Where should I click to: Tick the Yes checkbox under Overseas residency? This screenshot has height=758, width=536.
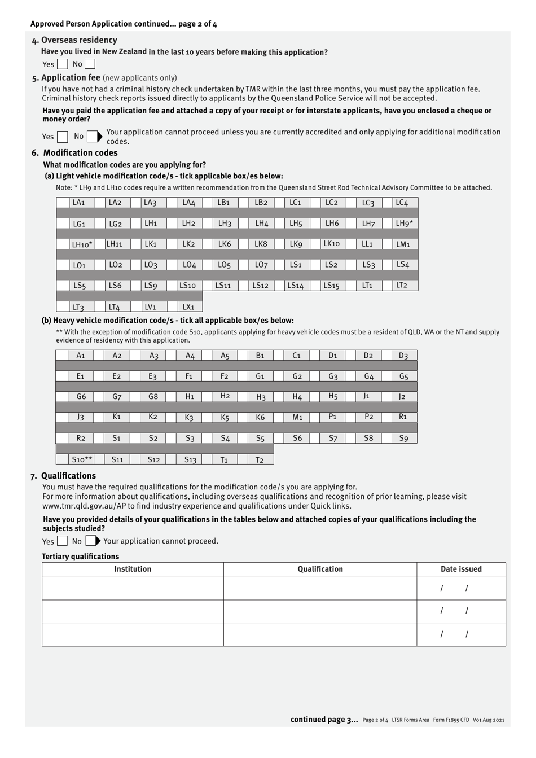pos(63,64)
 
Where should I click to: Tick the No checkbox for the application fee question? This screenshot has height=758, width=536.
pos(93,136)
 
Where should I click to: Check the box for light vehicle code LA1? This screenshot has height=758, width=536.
pos(63,202)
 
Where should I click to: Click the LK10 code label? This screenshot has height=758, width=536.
pos(331,244)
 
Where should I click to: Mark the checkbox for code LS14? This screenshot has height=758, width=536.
pos(279,286)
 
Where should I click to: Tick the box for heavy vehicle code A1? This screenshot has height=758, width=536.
pos(62,355)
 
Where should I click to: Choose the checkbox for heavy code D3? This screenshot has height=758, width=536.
pos(387,355)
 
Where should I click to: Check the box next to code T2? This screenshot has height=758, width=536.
pos(243,459)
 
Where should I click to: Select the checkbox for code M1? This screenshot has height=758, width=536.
pos(279,418)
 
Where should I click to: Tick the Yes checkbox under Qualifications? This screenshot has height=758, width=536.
pos(63,541)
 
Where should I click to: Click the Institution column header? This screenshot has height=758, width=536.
pos(133,569)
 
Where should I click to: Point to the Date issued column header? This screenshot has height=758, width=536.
pos(461,569)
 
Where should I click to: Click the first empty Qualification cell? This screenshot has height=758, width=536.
pos(320,588)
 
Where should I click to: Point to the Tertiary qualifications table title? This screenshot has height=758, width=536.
pos(80,557)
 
